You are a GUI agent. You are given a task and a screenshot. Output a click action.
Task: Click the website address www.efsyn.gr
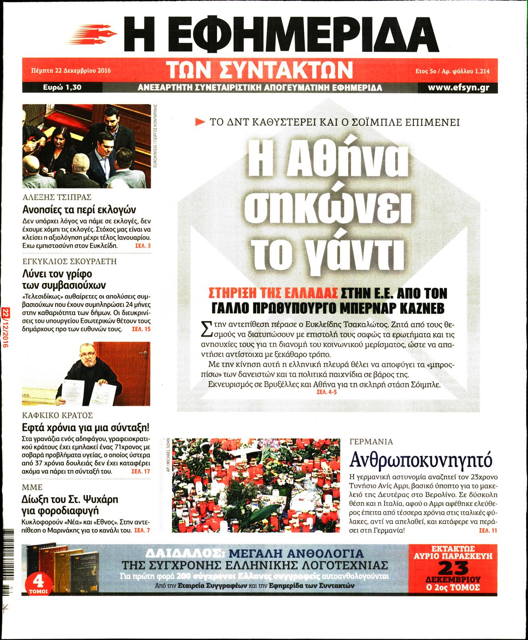pyautogui.click(x=458, y=88)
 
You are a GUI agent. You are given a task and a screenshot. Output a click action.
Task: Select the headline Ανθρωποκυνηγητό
pyautogui.click(x=421, y=460)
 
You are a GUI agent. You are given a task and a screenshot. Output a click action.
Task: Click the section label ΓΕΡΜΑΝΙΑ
pyautogui.click(x=371, y=442)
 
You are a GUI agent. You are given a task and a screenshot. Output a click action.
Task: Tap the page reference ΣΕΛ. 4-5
pyautogui.click(x=326, y=392)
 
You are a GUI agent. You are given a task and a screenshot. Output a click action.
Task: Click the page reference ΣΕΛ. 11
pyautogui.click(x=488, y=531)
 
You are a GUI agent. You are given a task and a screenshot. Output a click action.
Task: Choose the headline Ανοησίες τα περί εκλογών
pyautogui.click(x=79, y=210)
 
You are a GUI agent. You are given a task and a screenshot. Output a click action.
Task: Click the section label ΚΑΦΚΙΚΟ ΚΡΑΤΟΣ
pyautogui.click(x=57, y=415)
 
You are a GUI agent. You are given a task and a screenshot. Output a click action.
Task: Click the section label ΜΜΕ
pyautogui.click(x=32, y=487)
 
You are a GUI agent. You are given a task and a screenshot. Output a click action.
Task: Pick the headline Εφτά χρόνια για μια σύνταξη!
pyautogui.click(x=86, y=428)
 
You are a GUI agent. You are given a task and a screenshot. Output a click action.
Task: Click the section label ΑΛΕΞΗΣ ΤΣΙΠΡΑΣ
pyautogui.click(x=57, y=197)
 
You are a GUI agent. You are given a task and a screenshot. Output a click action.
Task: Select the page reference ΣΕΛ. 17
pyautogui.click(x=141, y=471)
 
